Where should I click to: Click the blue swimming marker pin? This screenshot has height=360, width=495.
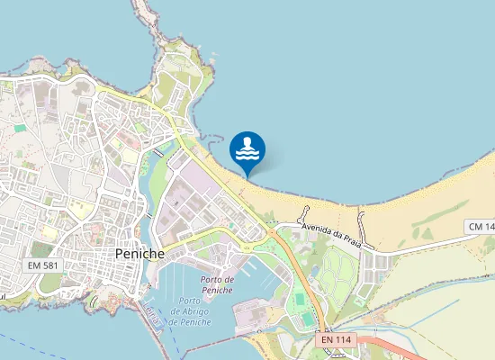pyautogui.click(x=247, y=149)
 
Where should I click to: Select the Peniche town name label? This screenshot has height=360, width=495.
pyautogui.click(x=140, y=255)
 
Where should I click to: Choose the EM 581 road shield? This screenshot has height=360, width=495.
pyautogui.click(x=42, y=265)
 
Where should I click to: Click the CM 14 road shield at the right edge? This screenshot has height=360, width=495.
pyautogui.click(x=481, y=226)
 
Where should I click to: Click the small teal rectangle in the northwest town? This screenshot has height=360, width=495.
pyautogui.click(x=20, y=128)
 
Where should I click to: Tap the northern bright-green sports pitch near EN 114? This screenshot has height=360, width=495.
pyautogui.click(x=298, y=298)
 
